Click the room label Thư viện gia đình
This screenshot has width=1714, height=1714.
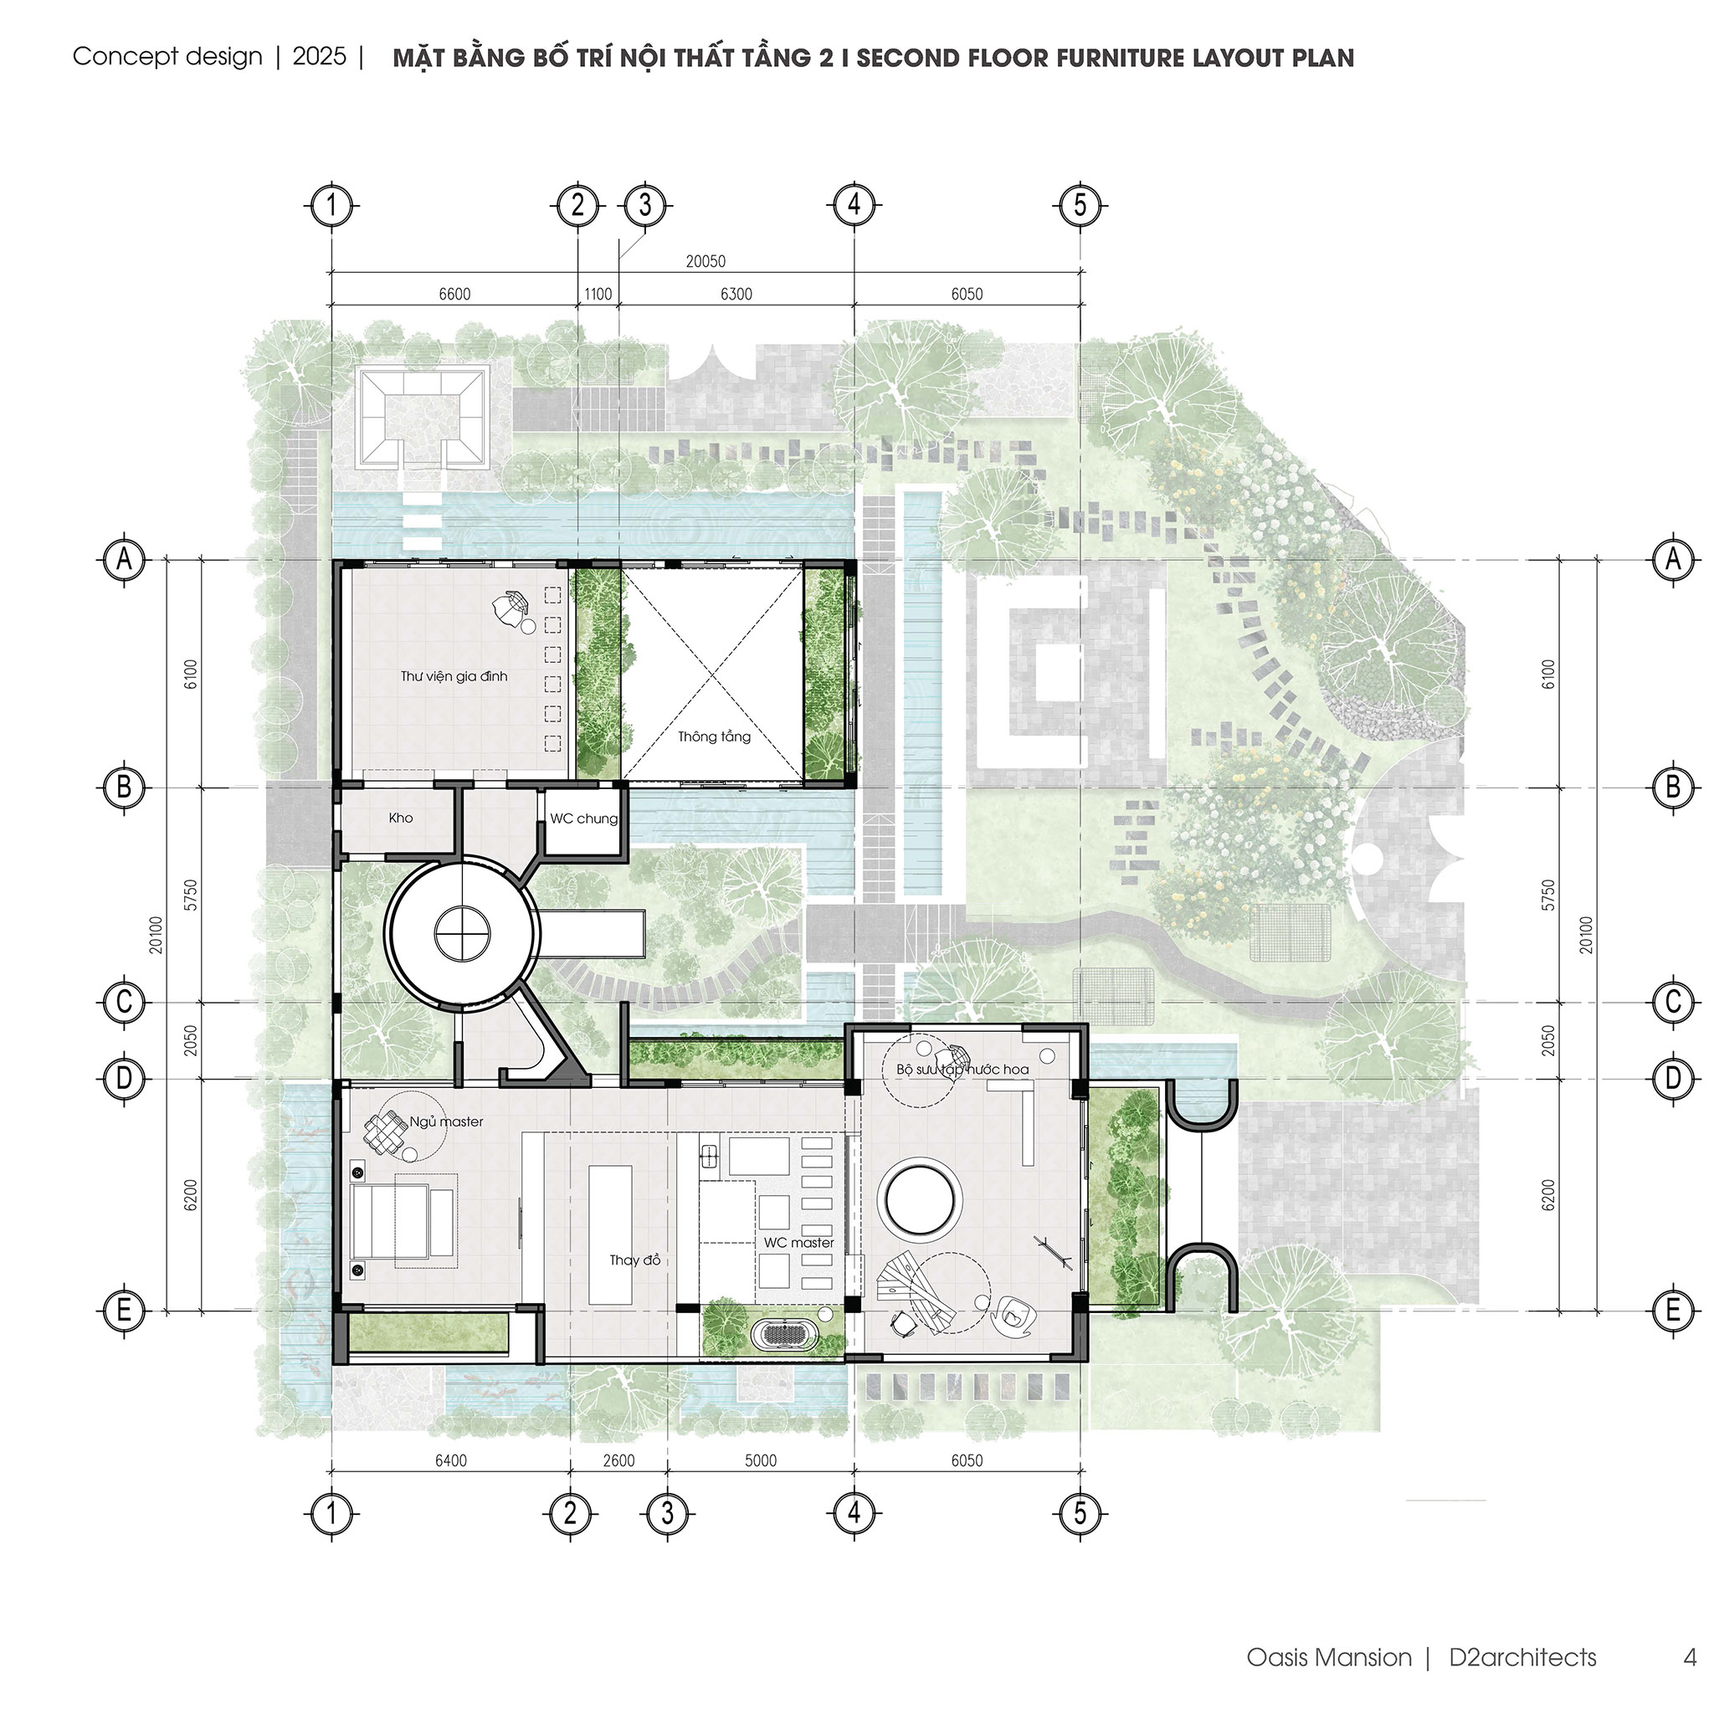pos(454,676)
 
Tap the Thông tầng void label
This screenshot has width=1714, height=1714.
pos(714,736)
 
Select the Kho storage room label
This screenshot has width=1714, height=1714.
pos(401,818)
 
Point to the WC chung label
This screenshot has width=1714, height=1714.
pos(584,818)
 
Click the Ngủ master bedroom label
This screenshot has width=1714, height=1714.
pos(447,1122)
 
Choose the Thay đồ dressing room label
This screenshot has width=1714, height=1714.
pos(635,1260)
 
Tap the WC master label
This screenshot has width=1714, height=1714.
pos(798,1243)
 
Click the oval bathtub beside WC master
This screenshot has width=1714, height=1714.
pos(784,1334)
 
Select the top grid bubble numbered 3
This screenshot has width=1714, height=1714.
pos(645,205)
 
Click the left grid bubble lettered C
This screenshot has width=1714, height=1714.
pos(124,1002)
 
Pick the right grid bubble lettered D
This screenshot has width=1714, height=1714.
pos(1673,1079)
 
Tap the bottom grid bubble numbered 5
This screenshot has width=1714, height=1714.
pos(1080,1512)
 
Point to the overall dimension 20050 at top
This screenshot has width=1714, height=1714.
pos(706,261)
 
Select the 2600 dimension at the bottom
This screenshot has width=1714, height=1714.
pos(618,1460)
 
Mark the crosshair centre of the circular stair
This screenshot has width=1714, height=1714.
pos(462,932)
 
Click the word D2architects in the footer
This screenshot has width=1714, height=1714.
pos(1522,1657)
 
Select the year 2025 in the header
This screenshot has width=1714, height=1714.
pos(320,56)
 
